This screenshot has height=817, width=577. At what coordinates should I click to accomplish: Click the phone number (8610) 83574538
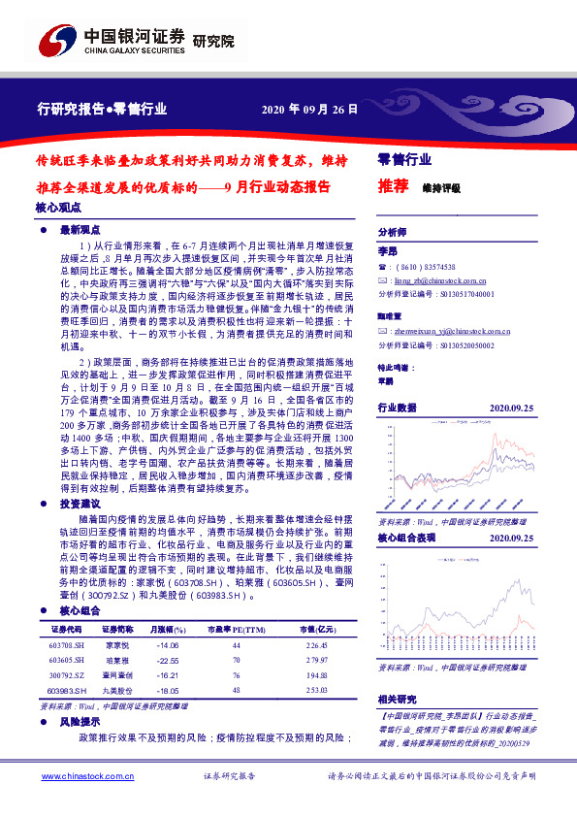point(426,267)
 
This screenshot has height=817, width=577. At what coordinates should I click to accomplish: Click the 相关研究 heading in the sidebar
point(396,699)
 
